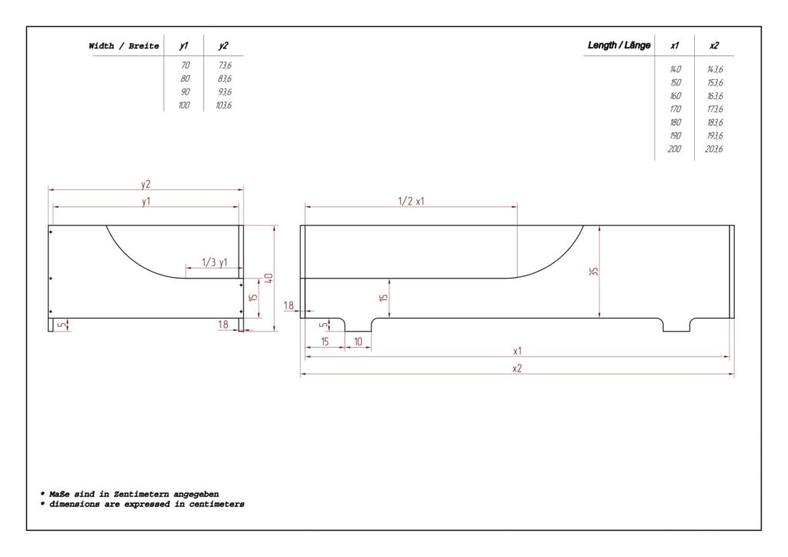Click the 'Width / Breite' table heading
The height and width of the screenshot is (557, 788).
point(124,45)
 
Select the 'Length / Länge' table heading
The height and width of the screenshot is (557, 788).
point(619,45)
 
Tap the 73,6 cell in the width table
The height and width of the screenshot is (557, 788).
point(225,65)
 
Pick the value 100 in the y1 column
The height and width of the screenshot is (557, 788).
point(184,105)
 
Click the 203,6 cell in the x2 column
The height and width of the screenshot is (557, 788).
point(714,148)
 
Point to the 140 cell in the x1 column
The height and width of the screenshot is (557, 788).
point(675,68)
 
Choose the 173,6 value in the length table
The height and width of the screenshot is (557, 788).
point(715,109)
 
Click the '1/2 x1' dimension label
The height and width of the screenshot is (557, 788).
point(411,202)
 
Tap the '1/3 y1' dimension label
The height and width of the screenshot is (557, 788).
point(215,262)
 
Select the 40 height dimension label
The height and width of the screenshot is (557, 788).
point(269,278)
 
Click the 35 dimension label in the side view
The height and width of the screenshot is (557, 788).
point(594,272)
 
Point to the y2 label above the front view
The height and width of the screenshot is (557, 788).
point(145,185)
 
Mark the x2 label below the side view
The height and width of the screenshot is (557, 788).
point(517,369)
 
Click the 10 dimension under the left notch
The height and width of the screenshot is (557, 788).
point(358,342)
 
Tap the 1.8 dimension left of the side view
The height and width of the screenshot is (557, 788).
point(289,305)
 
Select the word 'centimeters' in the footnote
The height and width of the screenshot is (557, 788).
point(216,504)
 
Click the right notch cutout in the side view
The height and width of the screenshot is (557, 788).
point(676,325)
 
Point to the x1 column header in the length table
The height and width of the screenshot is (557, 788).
point(674,45)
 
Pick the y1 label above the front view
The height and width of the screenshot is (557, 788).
point(145,202)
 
